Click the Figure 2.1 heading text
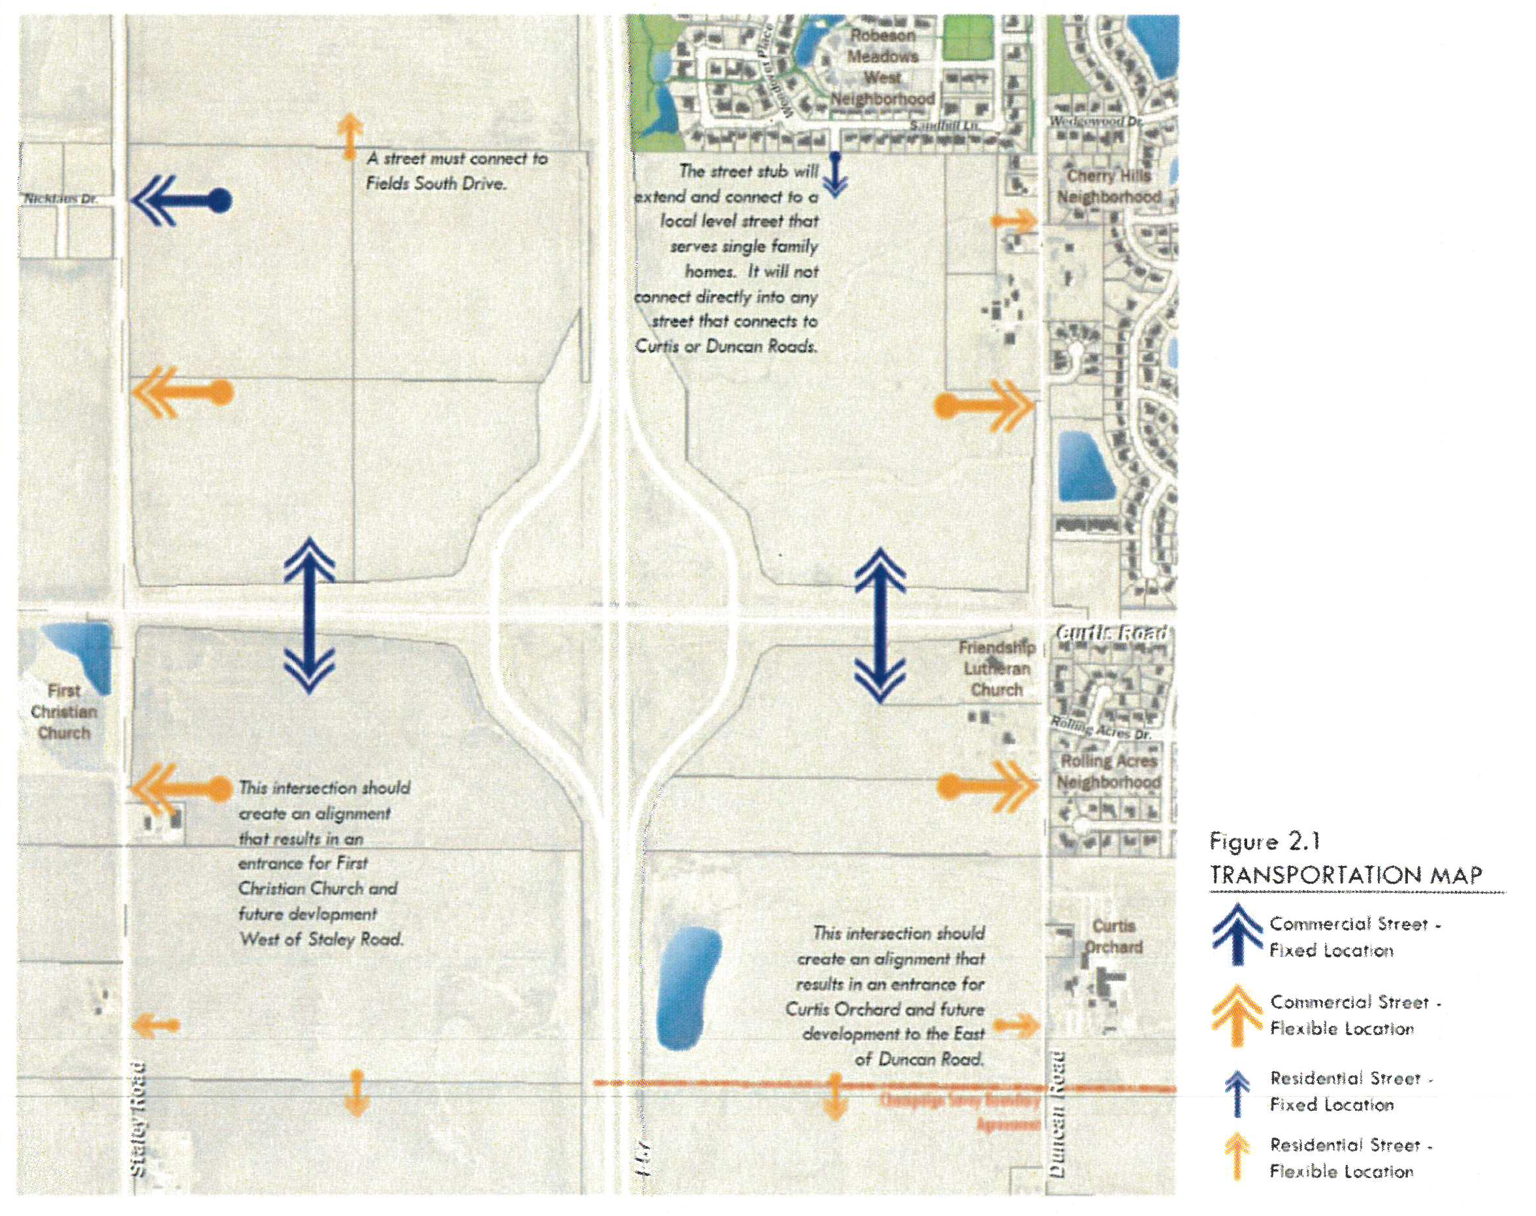tap(1265, 842)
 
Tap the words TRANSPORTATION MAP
tap(1345, 875)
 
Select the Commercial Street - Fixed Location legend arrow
tap(1238, 933)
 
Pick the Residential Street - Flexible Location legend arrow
tap(1237, 1157)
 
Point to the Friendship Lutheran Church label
tap(996, 669)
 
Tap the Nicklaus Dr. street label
tap(61, 199)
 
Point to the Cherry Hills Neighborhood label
tap(1109, 186)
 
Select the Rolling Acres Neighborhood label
tap(1109, 771)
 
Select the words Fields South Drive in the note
tap(436, 184)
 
